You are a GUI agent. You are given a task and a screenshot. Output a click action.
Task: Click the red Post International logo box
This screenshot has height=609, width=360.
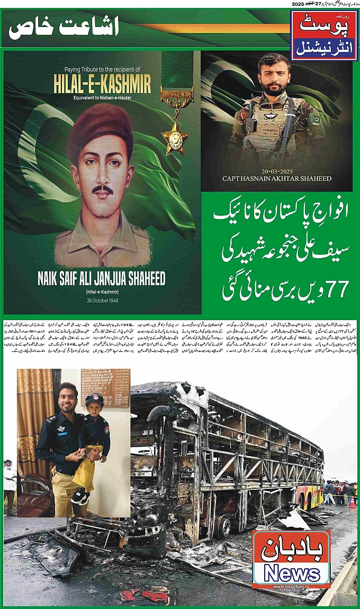tap(323, 34)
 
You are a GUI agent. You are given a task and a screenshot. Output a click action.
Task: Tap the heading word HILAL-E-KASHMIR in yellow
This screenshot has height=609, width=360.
tap(102, 83)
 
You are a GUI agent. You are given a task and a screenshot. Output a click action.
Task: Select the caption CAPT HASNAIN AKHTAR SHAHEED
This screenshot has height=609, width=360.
tap(276, 179)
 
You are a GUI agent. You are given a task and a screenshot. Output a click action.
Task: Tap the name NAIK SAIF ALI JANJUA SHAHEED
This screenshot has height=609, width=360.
tap(102, 279)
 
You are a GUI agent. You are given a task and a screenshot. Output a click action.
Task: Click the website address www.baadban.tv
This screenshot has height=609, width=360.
tap(291, 584)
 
